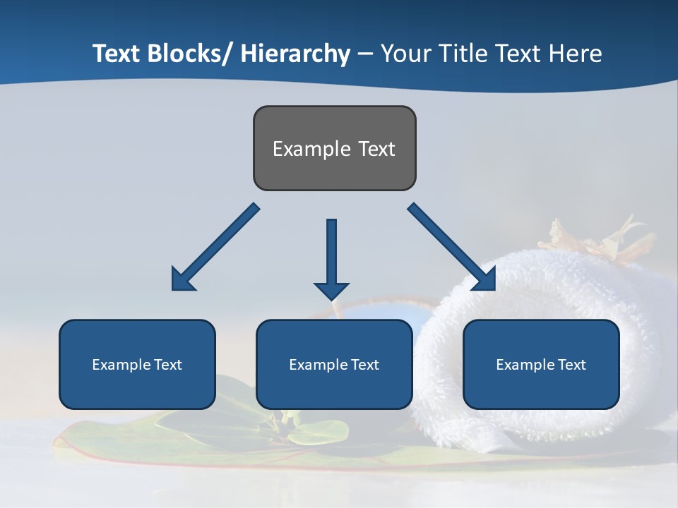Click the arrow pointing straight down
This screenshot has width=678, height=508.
tap(331, 258)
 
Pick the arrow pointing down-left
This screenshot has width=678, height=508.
tap(215, 247)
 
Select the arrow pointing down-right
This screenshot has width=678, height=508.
tap(452, 247)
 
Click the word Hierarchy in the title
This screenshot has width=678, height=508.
tap(295, 54)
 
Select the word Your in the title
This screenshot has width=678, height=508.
tap(405, 54)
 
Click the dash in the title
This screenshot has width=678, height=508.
tap(365, 54)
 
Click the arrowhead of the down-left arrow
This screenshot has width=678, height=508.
tap(182, 279)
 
